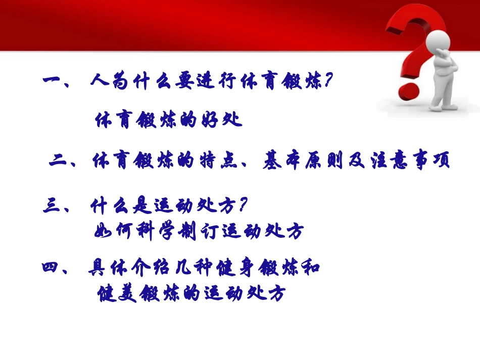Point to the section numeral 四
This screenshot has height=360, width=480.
(x=52, y=268)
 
